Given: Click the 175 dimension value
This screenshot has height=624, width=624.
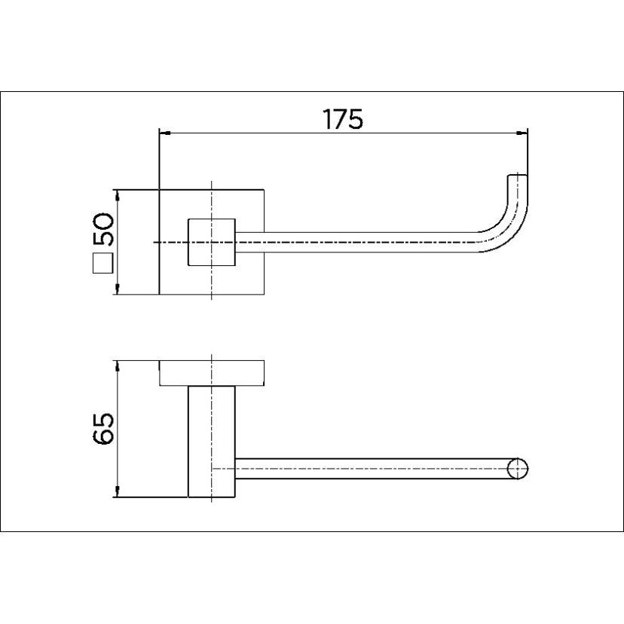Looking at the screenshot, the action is pyautogui.click(x=342, y=118).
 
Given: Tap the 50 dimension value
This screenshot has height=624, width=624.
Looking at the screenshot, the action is pyautogui.click(x=103, y=229).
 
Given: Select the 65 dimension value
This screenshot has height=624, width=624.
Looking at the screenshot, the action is pyautogui.click(x=103, y=428).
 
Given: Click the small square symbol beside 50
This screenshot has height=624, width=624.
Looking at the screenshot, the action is pyautogui.click(x=103, y=264).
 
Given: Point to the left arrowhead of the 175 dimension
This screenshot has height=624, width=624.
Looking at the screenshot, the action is pyautogui.click(x=165, y=133).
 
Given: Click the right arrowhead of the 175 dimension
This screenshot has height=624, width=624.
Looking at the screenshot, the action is pyautogui.click(x=522, y=133).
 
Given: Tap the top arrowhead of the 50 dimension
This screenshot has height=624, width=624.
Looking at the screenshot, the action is pyautogui.click(x=117, y=195).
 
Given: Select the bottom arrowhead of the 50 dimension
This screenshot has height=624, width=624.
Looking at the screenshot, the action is pyautogui.click(x=117, y=289).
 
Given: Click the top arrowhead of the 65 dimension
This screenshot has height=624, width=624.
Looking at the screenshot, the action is pyautogui.click(x=117, y=366).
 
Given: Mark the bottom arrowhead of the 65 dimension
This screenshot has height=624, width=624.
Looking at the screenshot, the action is pyautogui.click(x=117, y=491).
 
